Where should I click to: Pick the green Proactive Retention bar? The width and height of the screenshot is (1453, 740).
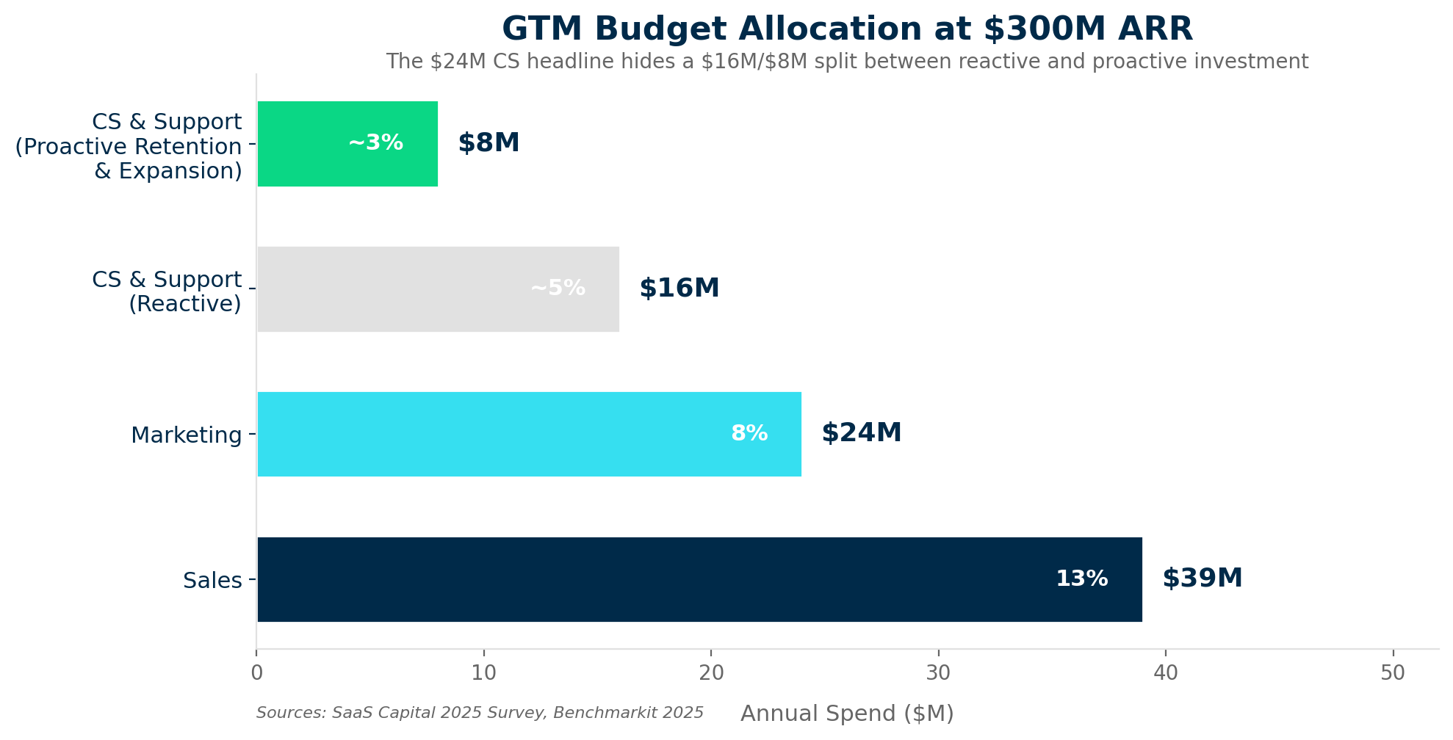pyautogui.click(x=309, y=143)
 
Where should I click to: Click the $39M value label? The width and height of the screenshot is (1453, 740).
pyautogui.click(x=1202, y=578)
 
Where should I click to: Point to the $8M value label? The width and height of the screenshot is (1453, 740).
pyautogui.click(x=488, y=143)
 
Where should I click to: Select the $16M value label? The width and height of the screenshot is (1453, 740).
pyautogui.click(x=679, y=289)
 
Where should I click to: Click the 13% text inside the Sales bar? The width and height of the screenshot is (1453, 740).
pyautogui.click(x=1081, y=579)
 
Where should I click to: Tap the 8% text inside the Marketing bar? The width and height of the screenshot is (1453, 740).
pyautogui.click(x=749, y=434)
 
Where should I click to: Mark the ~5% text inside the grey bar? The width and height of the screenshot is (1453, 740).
pyautogui.click(x=558, y=289)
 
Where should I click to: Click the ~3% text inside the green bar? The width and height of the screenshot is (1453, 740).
pyautogui.click(x=375, y=143)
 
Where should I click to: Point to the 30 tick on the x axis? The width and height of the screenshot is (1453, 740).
pyautogui.click(x=938, y=673)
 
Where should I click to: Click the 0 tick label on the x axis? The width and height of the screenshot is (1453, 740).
pyautogui.click(x=256, y=673)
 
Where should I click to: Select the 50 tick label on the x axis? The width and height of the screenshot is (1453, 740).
pyautogui.click(x=1393, y=673)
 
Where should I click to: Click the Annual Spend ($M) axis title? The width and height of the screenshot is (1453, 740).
pyautogui.click(x=847, y=714)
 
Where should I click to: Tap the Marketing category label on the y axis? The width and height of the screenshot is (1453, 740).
pyautogui.click(x=187, y=435)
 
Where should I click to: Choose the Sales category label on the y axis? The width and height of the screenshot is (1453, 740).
pyautogui.click(x=212, y=581)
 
